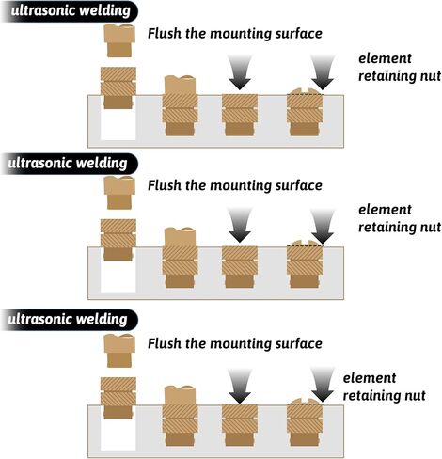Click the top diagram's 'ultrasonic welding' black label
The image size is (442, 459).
(70, 11)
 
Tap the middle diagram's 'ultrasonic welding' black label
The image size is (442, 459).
(69, 164)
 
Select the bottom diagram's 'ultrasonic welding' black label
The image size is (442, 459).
(69, 320)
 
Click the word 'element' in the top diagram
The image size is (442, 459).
(385, 58)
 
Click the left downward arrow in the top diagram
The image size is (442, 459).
(240, 72)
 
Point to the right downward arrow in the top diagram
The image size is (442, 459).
(323, 72)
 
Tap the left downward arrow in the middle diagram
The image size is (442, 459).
(240, 225)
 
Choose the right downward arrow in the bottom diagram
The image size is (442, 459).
(323, 385)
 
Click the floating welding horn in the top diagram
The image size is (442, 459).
(119, 40)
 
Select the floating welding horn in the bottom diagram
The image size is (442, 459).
(119, 351)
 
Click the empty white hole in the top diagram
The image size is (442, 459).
(118, 124)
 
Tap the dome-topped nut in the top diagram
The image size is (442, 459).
(305, 112)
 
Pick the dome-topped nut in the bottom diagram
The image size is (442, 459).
(305, 422)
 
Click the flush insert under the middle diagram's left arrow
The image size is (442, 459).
(240, 267)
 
